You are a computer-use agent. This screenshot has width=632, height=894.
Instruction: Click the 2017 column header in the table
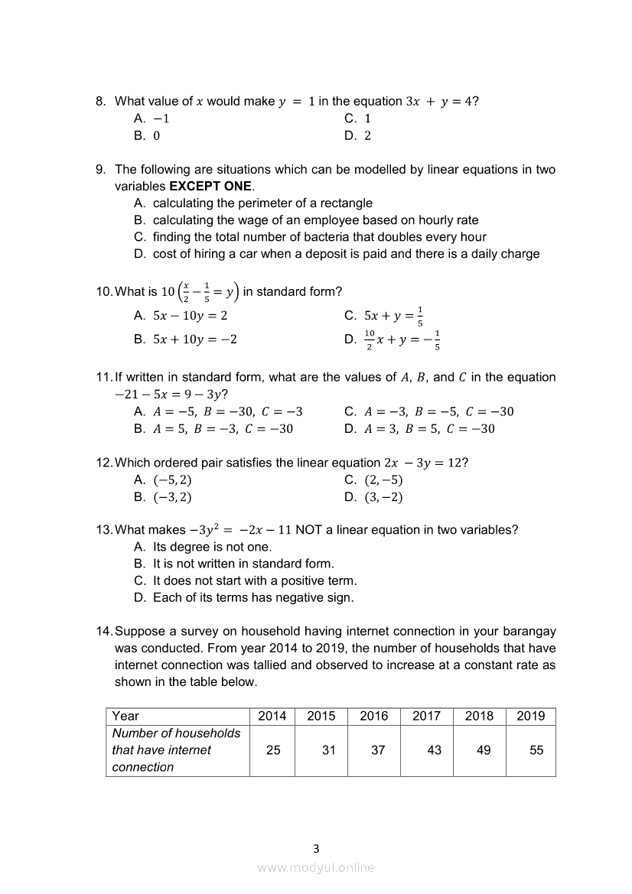426,716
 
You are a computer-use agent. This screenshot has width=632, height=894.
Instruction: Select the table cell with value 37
378,750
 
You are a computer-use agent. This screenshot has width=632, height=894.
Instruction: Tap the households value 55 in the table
536,750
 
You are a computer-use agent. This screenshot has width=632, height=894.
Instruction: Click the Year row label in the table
125,716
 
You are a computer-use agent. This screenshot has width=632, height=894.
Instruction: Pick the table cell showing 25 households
273,750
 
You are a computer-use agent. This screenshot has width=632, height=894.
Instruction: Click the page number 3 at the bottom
316,848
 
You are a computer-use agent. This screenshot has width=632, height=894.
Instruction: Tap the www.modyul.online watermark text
316,867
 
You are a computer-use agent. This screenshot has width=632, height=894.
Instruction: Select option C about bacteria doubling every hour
309,237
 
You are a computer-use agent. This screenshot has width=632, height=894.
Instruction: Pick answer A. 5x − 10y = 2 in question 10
181,315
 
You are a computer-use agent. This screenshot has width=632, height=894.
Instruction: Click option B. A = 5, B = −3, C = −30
213,428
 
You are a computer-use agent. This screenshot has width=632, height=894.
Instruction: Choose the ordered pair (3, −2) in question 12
374,497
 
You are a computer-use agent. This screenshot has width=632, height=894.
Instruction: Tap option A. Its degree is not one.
203,547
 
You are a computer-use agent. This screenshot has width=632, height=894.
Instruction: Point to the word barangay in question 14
529,631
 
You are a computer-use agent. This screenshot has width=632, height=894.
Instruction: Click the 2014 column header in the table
272,716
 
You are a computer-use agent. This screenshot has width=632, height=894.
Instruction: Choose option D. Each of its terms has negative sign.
243,597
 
